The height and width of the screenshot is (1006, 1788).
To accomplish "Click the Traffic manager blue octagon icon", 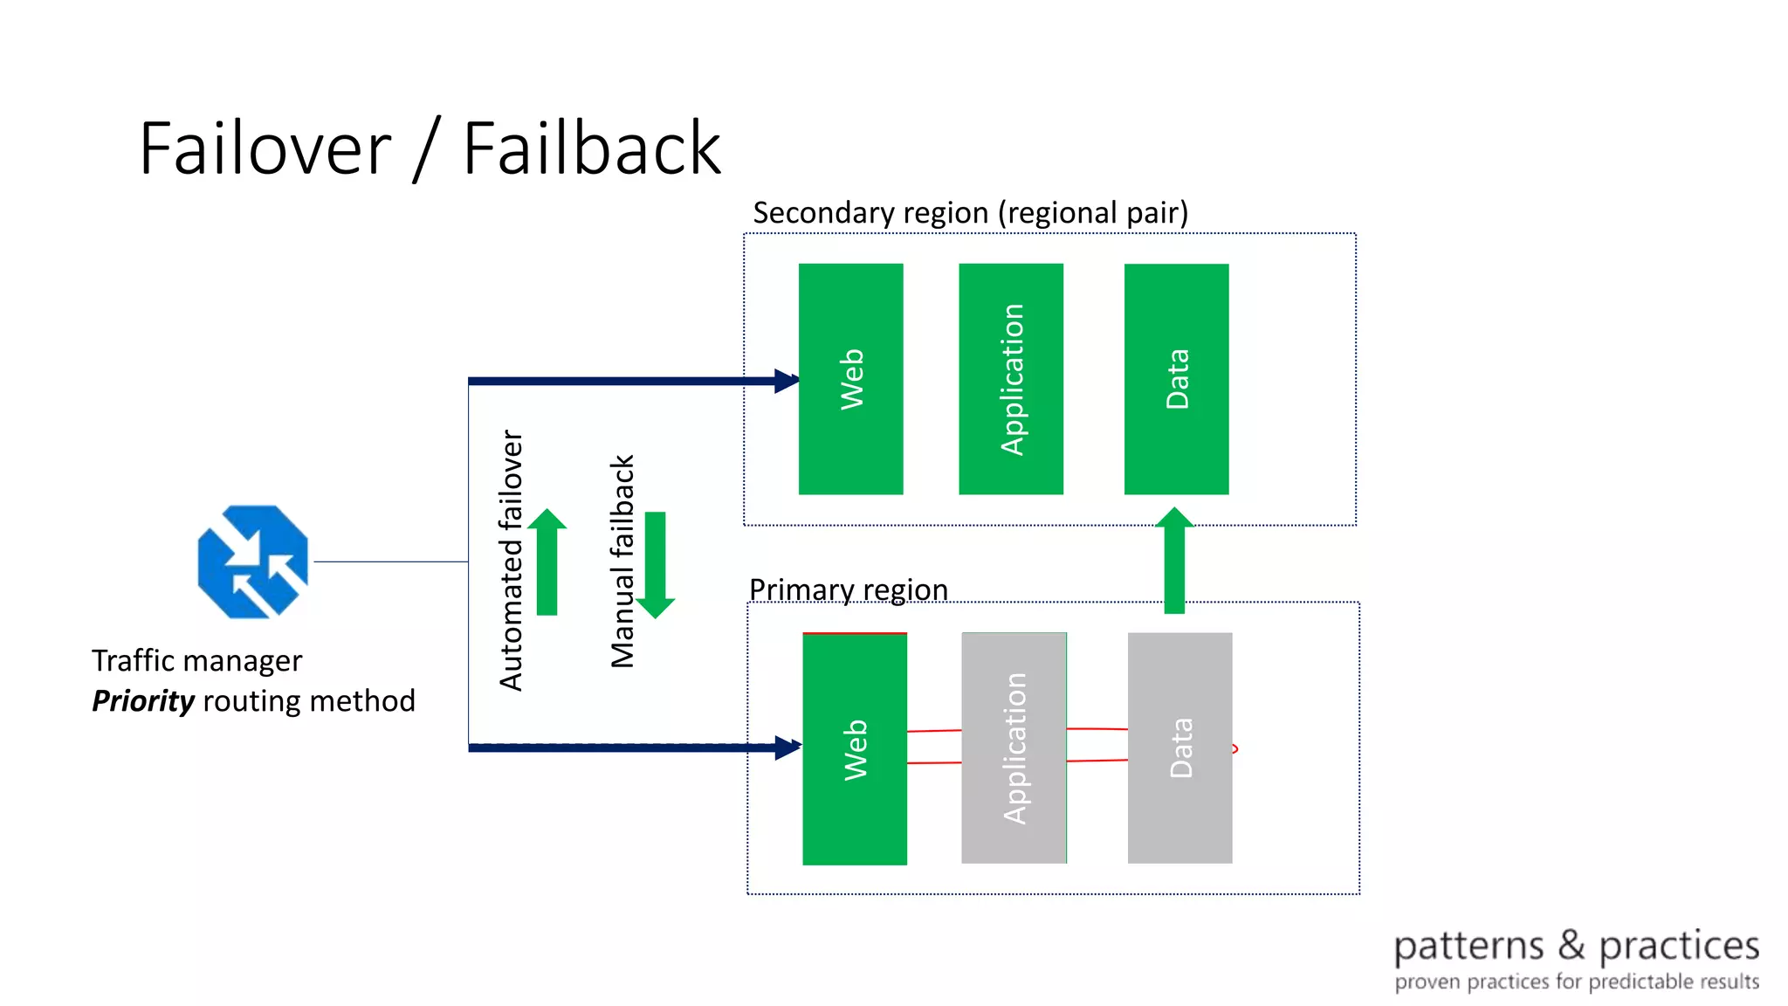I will click(252, 562).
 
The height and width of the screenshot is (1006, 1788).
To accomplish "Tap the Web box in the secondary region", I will click(850, 379).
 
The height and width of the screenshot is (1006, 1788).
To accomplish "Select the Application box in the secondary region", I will click(1011, 379).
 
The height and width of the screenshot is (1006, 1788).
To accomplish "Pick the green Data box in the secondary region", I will click(1176, 379).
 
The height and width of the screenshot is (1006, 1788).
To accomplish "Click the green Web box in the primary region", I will click(854, 748).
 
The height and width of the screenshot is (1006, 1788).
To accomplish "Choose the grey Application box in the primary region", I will click(1014, 748).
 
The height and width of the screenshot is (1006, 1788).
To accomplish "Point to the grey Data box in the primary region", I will click(1179, 748).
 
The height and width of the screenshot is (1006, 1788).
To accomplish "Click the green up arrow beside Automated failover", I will click(547, 563).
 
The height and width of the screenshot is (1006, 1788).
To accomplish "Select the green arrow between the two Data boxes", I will click(1174, 561).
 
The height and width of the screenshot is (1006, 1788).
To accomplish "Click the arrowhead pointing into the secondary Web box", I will click(787, 381).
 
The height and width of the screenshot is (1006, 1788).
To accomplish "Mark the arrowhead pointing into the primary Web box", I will click(787, 748).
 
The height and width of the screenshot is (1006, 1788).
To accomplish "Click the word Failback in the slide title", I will click(591, 148).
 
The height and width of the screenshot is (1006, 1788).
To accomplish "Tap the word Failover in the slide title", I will click(265, 148).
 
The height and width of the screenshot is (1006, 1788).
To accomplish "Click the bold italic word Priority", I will click(143, 700).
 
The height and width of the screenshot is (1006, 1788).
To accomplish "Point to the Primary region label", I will click(848, 589).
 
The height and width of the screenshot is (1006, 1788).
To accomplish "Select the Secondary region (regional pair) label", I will click(970, 212).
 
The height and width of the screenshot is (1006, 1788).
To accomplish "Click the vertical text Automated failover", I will click(511, 560).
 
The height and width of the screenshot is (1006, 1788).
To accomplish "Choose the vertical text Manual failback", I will click(622, 562).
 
